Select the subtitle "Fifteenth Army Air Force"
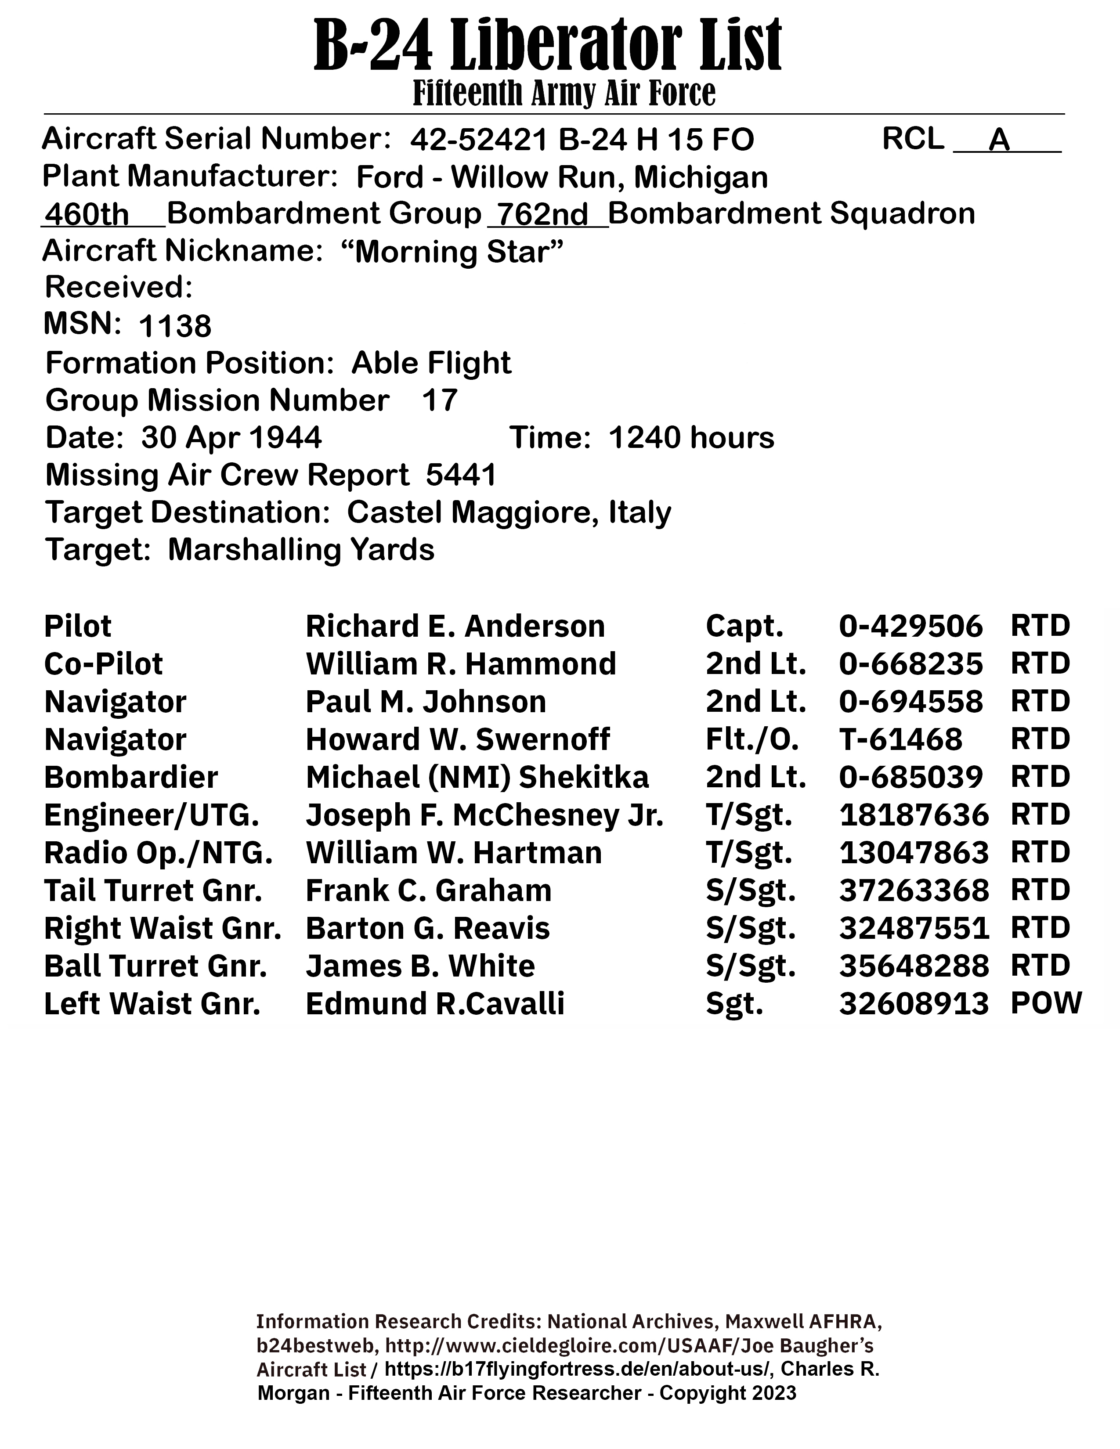click(564, 93)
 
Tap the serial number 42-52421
click(479, 140)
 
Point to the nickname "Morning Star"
click(452, 252)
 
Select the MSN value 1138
click(175, 326)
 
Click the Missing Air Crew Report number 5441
click(461, 475)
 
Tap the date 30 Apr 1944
click(231, 438)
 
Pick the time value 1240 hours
click(691, 438)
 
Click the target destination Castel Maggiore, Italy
click(509, 512)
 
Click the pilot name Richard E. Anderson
click(455, 626)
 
